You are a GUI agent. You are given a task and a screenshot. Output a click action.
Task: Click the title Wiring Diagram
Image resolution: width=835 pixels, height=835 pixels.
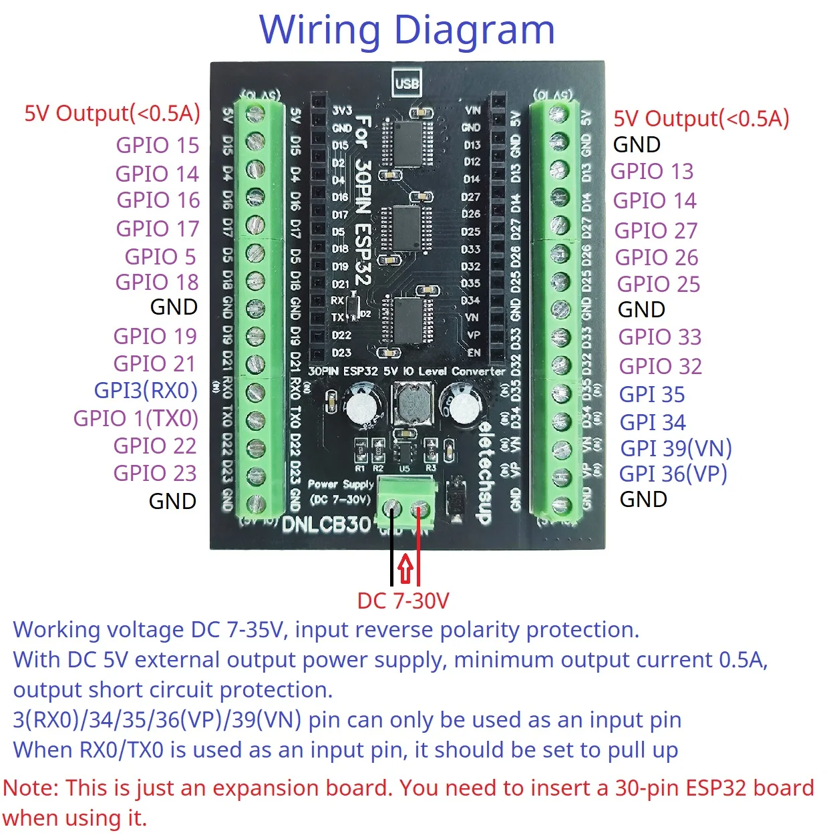point(407,30)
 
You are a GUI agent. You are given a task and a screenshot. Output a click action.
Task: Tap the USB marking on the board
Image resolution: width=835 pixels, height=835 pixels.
point(406,83)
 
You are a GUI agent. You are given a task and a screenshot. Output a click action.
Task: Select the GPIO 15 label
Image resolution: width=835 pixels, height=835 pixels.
point(158,145)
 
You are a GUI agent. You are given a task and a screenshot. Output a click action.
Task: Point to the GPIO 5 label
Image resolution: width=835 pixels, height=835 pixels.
point(160,257)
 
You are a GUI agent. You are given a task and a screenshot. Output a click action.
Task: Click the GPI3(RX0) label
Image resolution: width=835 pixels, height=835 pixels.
point(146,390)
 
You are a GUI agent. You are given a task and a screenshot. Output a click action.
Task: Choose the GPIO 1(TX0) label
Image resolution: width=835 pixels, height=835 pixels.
point(136,418)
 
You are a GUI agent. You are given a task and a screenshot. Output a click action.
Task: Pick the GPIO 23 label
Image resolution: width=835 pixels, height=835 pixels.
point(155,473)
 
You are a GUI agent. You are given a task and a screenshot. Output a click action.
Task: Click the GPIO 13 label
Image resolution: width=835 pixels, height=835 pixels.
point(652,172)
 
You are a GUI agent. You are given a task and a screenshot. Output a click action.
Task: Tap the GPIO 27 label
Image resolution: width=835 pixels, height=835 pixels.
point(656,230)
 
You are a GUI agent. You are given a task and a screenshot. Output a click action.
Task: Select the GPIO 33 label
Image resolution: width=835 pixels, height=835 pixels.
point(660,337)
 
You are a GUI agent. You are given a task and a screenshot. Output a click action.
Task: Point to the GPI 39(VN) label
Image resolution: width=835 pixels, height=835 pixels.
point(676,448)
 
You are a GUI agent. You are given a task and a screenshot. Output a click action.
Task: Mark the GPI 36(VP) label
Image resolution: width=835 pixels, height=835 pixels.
point(673,474)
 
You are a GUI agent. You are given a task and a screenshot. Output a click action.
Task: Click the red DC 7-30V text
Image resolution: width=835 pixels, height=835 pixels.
point(403,601)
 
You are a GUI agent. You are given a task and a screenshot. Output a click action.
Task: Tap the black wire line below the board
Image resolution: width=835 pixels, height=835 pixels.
point(391,554)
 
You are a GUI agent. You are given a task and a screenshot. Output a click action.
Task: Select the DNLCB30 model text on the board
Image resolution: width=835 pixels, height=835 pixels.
point(326,525)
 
